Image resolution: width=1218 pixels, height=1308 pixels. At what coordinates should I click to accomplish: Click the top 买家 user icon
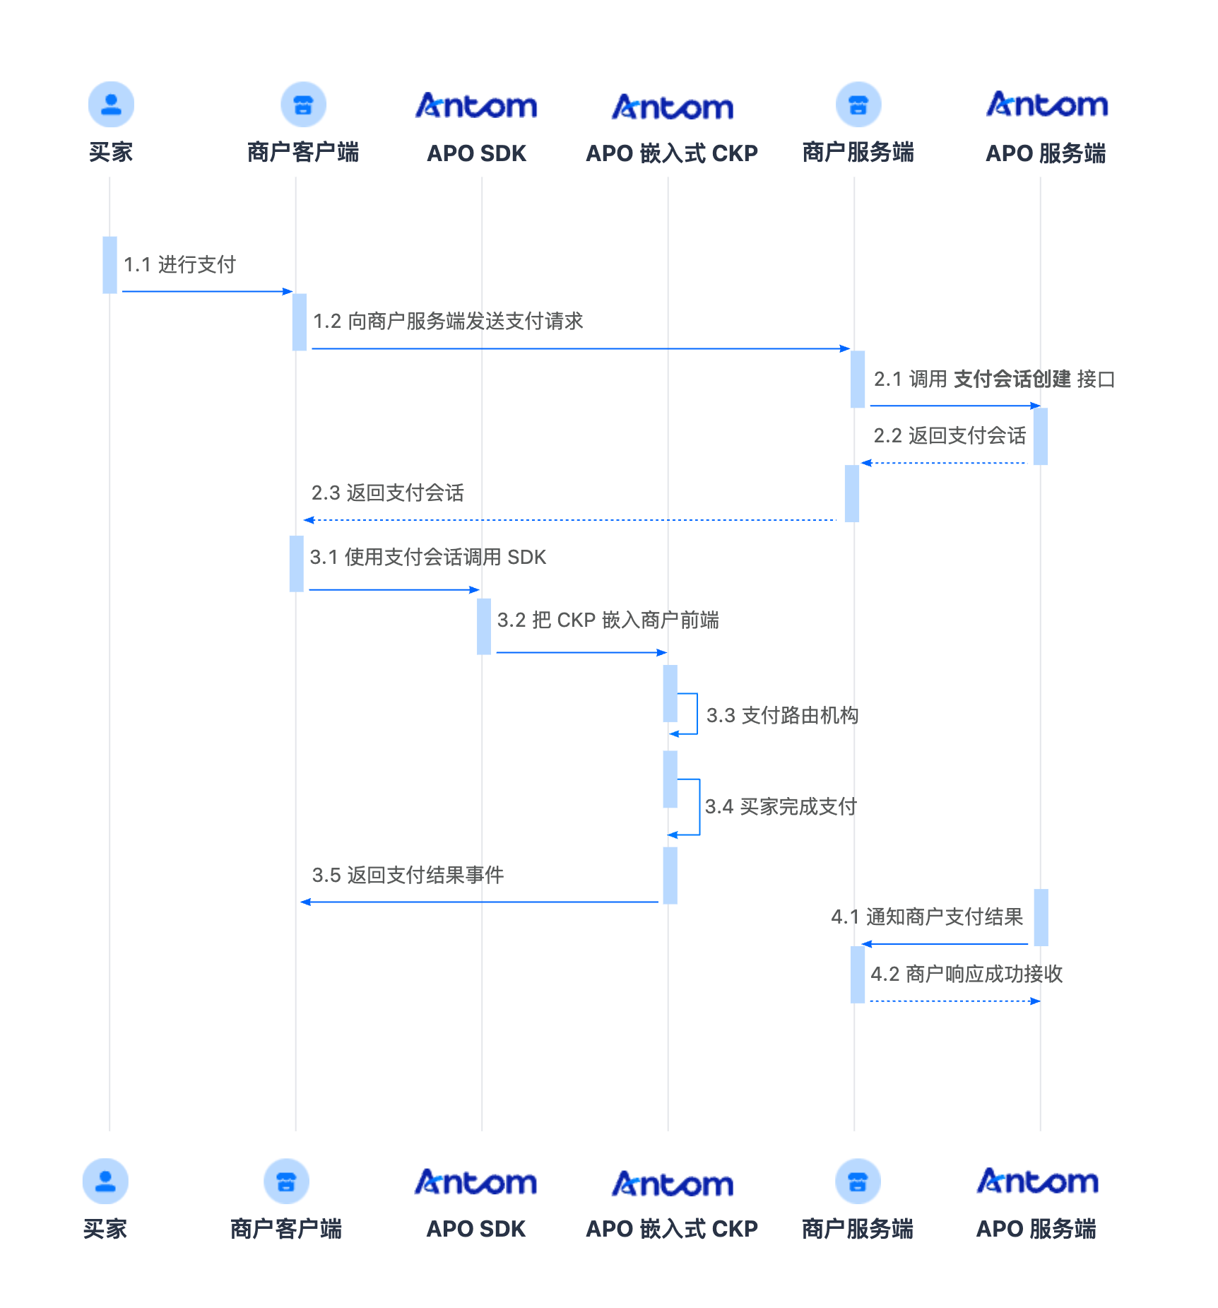coord(111,105)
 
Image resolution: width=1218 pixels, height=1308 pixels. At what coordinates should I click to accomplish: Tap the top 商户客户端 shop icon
coord(303,105)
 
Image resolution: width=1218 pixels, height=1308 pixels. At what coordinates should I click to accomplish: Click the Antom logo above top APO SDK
coord(476,106)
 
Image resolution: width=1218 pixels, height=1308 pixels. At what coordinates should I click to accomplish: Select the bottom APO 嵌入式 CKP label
coord(671,1229)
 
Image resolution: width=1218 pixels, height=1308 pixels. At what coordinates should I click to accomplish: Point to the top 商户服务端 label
coord(858,153)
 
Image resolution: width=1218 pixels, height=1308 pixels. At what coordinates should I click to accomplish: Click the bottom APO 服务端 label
coord(1036,1229)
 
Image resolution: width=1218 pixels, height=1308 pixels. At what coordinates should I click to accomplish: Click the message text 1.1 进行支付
coord(179,265)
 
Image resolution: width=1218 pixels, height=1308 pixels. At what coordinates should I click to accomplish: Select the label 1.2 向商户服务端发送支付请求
coord(448,322)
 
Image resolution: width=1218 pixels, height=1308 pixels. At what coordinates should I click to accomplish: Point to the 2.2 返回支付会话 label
coord(950,436)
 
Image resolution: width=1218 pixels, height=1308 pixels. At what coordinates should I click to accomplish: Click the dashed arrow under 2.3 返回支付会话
coord(569,520)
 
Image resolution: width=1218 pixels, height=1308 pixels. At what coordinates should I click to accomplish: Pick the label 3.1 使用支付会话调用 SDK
coord(427,558)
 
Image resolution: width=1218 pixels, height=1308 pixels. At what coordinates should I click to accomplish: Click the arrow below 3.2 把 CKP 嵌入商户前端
coord(581,652)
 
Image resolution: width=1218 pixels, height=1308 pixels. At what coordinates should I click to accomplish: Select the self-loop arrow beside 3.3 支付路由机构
coord(695,714)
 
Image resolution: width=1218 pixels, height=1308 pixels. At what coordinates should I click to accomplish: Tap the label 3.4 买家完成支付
coord(781,806)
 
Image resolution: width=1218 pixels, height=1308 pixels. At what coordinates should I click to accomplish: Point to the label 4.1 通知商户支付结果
coord(927,917)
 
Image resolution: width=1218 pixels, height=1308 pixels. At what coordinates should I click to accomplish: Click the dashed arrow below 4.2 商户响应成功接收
coord(954,1001)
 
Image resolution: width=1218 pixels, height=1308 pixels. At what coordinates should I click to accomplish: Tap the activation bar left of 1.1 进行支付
coord(110,265)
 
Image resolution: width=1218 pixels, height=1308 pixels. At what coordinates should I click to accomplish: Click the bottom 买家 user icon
coord(105,1181)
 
